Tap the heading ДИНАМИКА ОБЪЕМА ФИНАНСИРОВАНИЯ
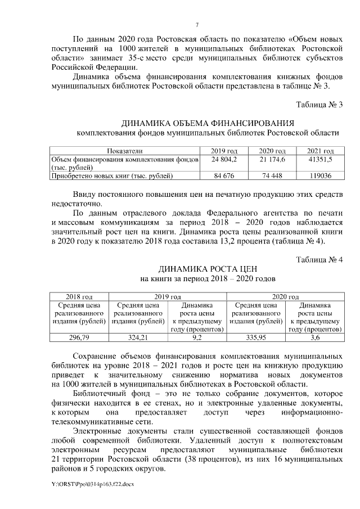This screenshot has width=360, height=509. [x=208, y=123]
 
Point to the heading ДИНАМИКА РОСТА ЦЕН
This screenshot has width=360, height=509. [x=208, y=269]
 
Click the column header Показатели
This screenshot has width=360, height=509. [x=125, y=151]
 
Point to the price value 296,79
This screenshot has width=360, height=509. [x=79, y=337]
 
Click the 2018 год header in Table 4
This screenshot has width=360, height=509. [x=79, y=296]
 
